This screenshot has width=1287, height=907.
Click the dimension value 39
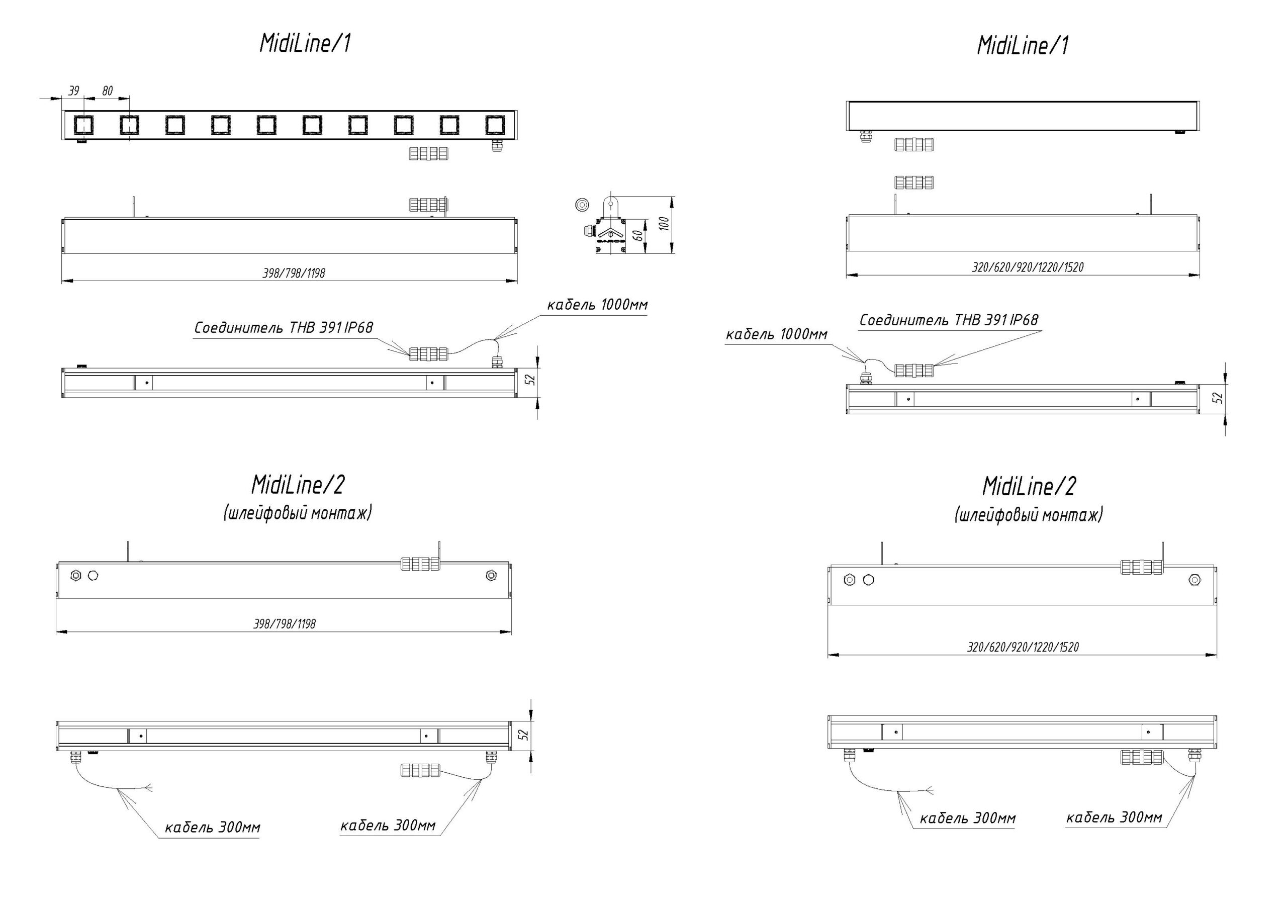pos(73,91)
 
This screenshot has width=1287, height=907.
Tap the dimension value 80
pos(107,91)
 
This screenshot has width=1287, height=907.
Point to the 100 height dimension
pos(664,224)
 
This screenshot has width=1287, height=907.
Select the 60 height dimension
pos(638,235)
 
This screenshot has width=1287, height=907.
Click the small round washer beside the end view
pos(582,205)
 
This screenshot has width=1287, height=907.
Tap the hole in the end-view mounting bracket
pos(610,204)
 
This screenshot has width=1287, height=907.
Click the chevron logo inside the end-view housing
pos(611,234)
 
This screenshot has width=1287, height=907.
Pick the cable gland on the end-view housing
pos(589,229)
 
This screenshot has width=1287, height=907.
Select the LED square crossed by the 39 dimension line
pos(83,125)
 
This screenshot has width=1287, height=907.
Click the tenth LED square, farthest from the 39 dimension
pos(495,125)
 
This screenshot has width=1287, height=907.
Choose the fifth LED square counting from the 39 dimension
pos(266,125)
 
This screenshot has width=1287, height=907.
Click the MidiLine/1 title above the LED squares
pos(306,43)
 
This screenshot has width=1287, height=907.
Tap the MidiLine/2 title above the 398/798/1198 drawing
pos(298,485)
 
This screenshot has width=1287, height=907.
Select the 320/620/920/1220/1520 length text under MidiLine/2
pos(1023,647)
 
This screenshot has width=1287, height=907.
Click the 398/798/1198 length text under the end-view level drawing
pos(294,274)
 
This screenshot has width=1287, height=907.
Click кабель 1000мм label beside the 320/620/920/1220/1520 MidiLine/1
pos(776,335)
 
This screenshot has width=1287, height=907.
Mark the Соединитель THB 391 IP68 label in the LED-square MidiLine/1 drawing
pos(283,327)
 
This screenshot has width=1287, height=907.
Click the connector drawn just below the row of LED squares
pos(429,153)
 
